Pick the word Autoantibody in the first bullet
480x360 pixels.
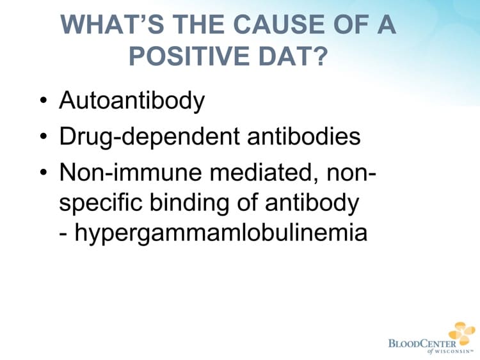click(131, 100)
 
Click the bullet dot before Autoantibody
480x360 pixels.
click(43, 101)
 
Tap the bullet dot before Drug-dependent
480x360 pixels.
click(43, 137)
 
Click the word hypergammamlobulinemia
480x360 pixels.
click(220, 231)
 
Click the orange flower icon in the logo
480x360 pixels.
click(461, 333)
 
